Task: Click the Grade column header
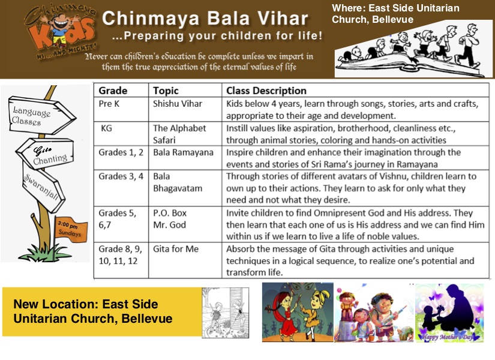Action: point(113,91)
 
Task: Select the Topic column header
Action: point(166,91)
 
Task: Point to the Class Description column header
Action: point(266,91)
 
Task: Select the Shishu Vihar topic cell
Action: point(178,104)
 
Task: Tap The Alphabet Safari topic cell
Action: point(180,133)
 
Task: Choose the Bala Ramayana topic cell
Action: point(183,152)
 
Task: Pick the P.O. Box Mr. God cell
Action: point(170,219)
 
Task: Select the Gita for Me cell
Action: point(176,249)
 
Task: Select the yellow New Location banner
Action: point(101,311)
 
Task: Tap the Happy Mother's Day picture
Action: point(449,312)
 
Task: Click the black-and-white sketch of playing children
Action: point(225,313)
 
